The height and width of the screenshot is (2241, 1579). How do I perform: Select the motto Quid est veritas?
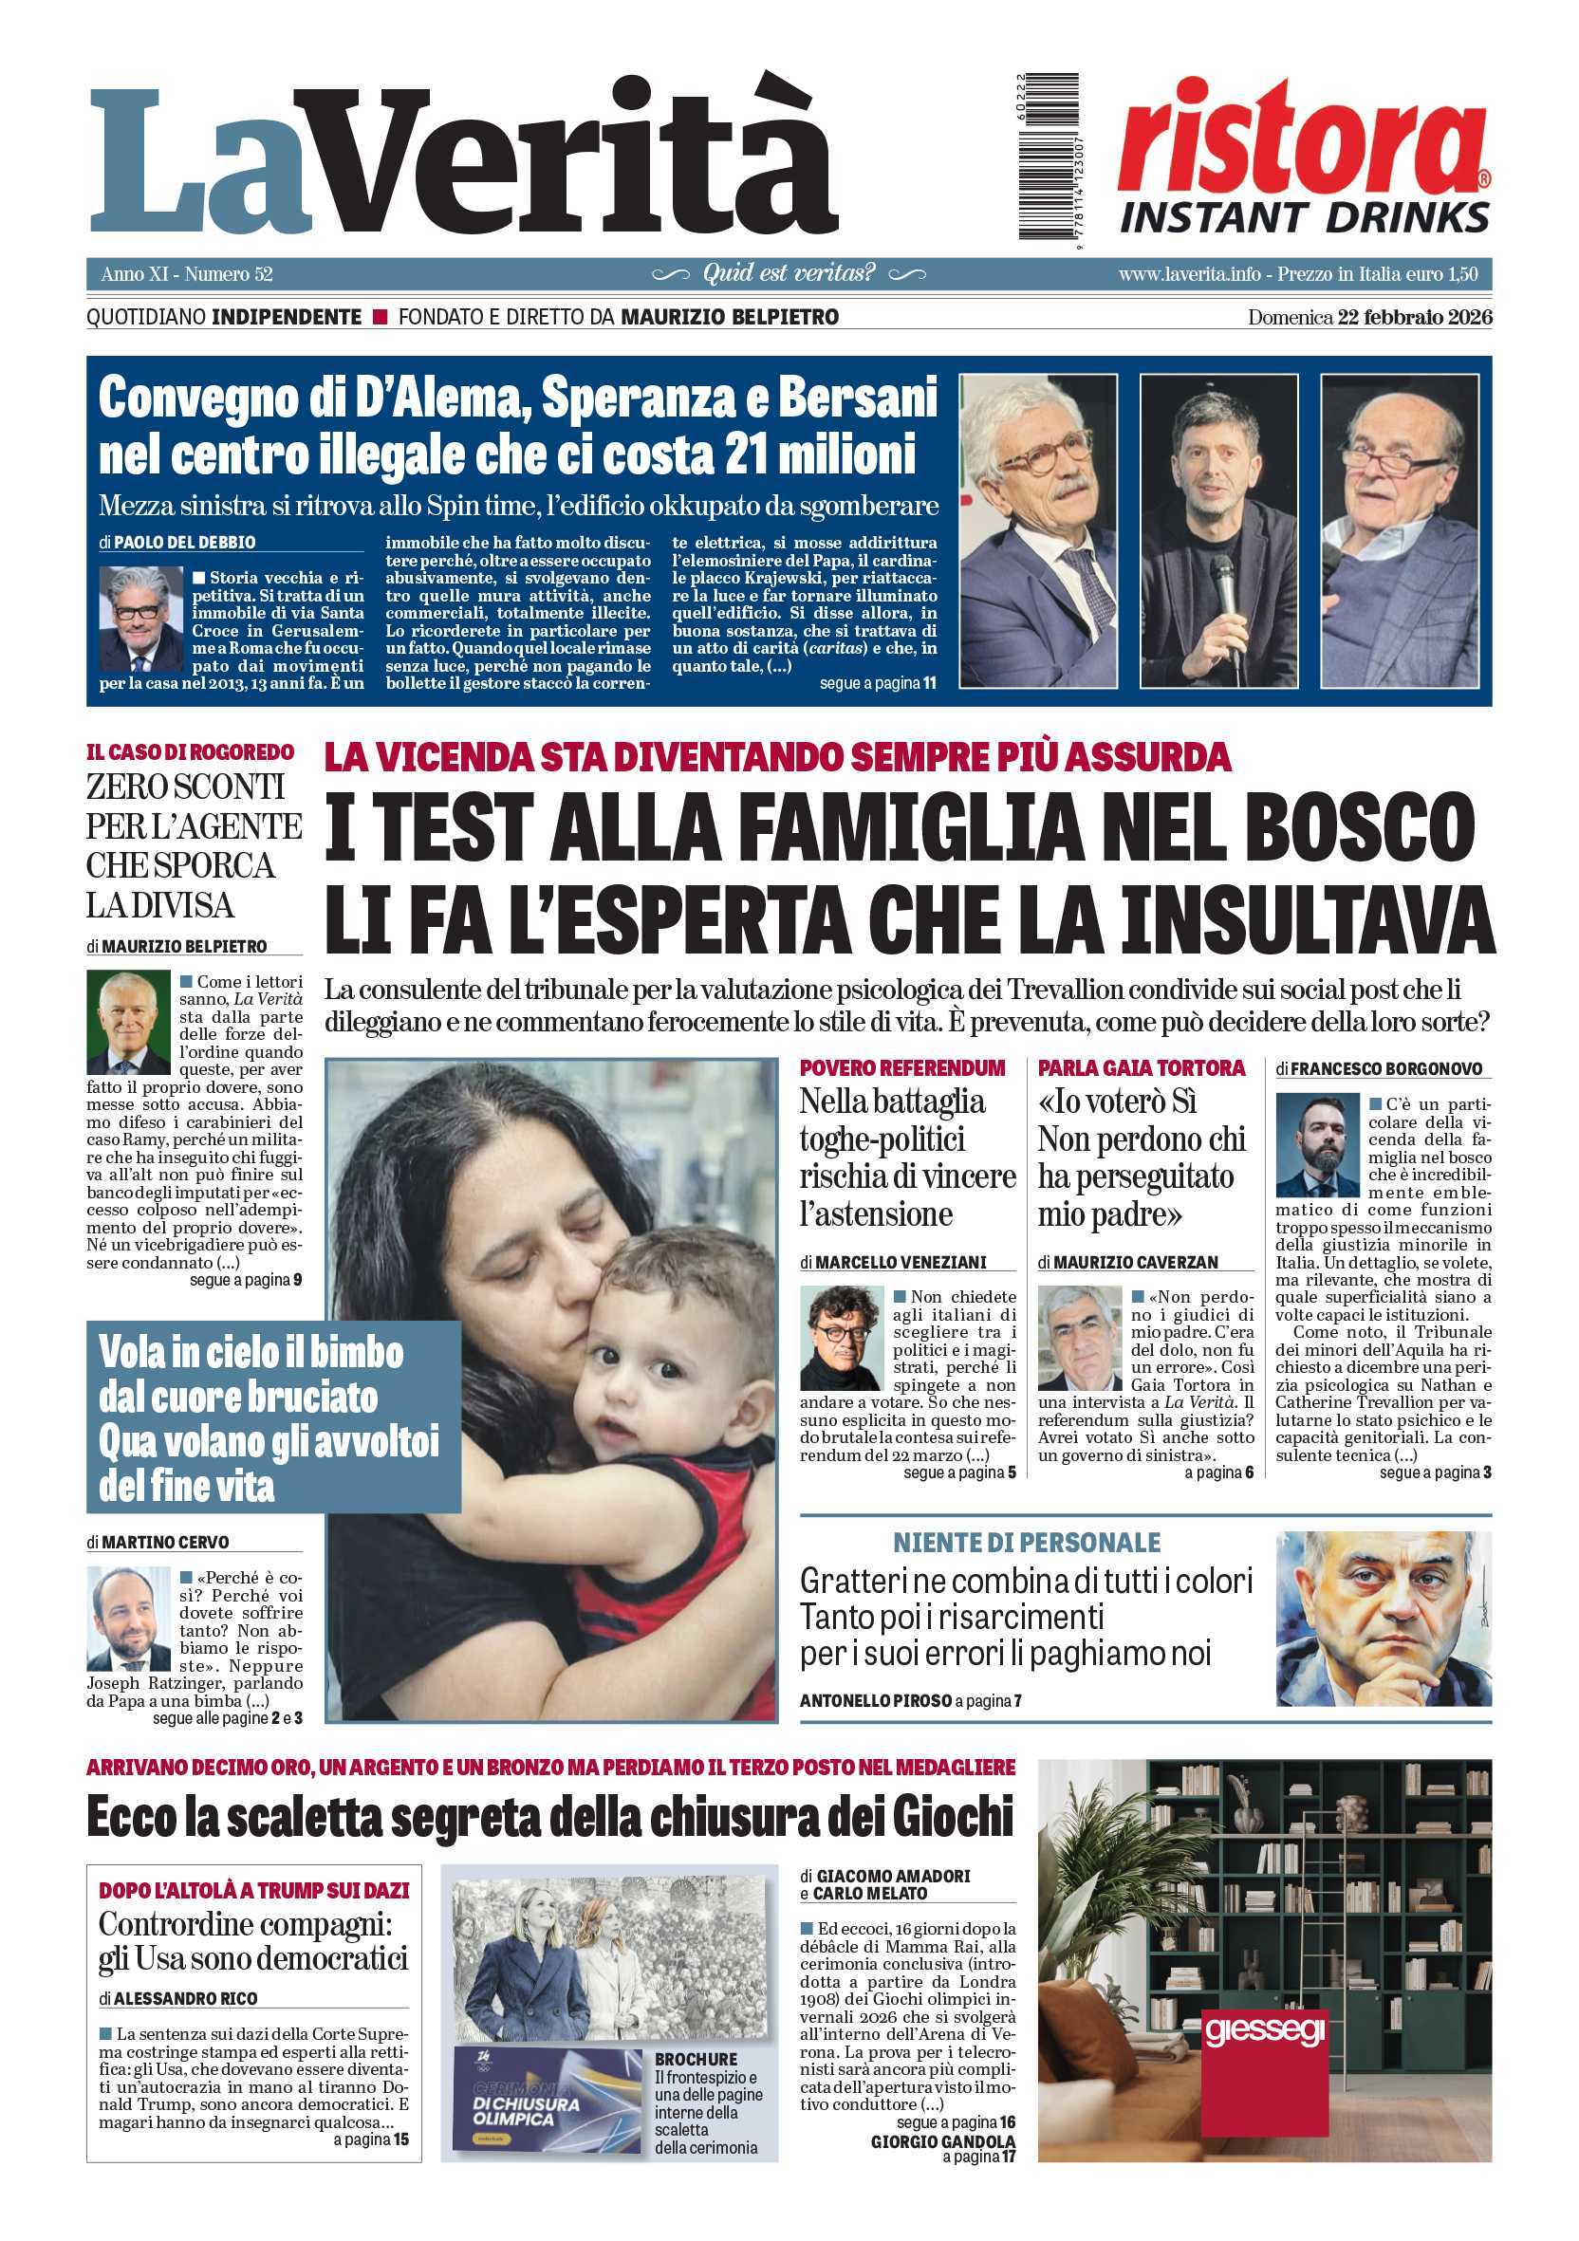tap(789, 273)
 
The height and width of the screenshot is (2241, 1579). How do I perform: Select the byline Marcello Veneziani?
tap(900, 1262)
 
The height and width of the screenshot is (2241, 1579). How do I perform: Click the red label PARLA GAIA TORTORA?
tap(1142, 1067)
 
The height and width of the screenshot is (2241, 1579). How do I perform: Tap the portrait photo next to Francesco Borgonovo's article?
tap(1316, 1145)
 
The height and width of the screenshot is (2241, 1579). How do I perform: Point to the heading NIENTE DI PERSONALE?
tap(1027, 1543)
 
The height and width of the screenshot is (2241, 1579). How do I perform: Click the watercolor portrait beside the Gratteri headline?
tap(1383, 1621)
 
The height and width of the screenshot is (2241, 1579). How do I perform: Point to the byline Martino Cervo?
tap(166, 1542)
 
